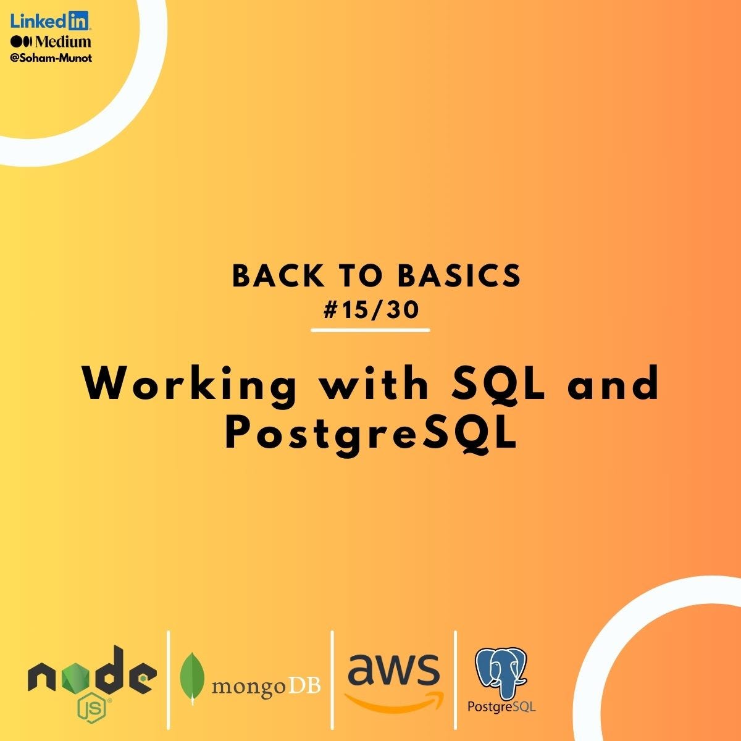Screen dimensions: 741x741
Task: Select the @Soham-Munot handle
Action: pos(51,58)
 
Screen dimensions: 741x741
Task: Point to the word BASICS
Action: pos(459,277)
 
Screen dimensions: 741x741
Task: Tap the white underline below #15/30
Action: pos(371,330)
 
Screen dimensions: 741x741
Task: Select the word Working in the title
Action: pos(189,384)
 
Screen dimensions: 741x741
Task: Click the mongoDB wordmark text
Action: pos(266,685)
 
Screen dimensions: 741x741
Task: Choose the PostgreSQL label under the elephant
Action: pos(501,706)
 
